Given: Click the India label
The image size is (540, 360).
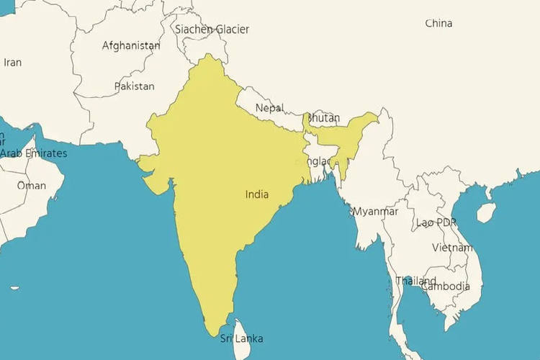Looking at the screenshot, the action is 257,194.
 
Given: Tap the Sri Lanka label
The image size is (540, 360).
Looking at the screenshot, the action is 241,338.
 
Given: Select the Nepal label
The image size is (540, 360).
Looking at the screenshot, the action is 269,108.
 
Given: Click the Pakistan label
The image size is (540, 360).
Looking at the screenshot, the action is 134,86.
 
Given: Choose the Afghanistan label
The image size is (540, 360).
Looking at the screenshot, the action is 131,45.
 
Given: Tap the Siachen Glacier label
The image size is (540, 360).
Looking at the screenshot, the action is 212,30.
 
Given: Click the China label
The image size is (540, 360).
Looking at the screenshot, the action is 438,23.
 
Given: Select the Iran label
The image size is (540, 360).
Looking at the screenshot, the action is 12,63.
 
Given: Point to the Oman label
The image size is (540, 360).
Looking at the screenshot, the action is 31,186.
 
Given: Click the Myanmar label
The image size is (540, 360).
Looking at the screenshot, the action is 374,212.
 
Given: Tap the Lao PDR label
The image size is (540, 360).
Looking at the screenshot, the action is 436,222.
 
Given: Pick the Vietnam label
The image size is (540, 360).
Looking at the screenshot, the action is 452,248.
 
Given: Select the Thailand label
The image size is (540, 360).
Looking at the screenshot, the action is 415,281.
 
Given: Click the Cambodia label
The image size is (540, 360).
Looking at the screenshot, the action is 446,287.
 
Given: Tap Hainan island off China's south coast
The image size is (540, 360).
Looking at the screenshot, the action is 487,212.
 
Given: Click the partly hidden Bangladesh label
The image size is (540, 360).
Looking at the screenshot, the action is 318,161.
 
